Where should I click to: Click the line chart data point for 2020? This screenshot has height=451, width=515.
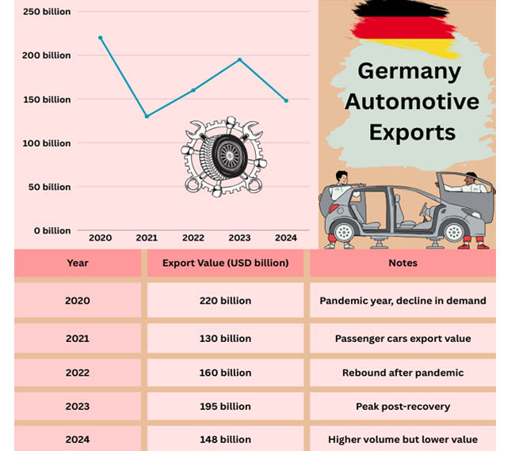[x=100, y=37]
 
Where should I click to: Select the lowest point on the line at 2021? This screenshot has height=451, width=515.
[x=147, y=116]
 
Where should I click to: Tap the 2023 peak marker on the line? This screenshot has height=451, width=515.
[x=239, y=59]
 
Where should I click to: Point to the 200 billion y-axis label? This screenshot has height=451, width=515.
[x=46, y=55]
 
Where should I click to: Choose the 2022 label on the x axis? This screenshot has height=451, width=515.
[x=193, y=237]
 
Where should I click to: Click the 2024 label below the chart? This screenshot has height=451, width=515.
[x=285, y=237]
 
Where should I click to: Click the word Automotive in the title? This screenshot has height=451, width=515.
[x=412, y=101]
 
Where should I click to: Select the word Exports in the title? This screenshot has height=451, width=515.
[x=412, y=131]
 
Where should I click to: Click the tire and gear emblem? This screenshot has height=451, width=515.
[x=226, y=156]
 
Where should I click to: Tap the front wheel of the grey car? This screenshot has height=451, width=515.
[x=343, y=232]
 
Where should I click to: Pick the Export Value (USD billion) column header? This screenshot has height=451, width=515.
[x=226, y=263]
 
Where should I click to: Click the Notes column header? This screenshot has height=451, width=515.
[x=402, y=263]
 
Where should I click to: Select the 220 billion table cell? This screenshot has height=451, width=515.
[x=226, y=301]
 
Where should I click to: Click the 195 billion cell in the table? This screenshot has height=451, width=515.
[x=226, y=406]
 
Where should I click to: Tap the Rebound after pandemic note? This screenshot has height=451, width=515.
[x=402, y=372]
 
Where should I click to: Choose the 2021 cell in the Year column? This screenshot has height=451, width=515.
[x=78, y=338]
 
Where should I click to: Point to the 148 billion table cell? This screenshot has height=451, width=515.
[x=226, y=439]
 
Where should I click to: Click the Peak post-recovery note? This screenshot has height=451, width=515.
[x=402, y=406]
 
